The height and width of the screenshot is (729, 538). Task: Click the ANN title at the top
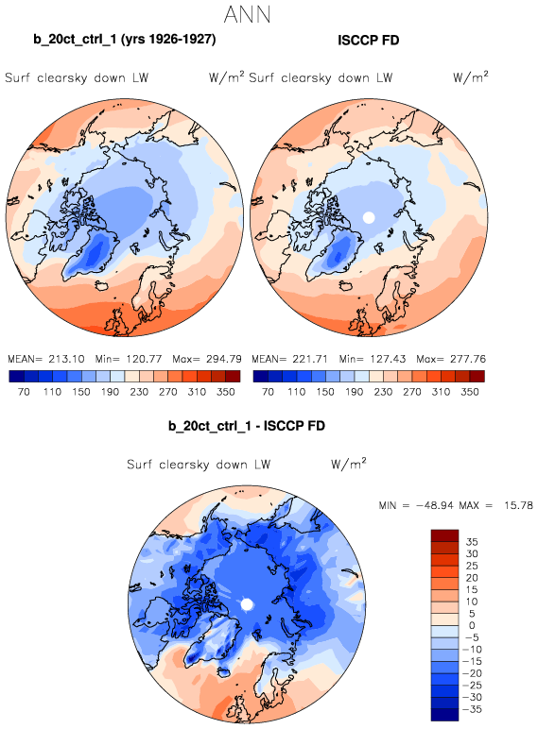(247, 14)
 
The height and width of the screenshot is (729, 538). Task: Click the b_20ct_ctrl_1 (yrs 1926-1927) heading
(125, 39)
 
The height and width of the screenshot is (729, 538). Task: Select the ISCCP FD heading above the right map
(369, 41)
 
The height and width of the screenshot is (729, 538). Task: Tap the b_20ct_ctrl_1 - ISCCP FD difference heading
(247, 426)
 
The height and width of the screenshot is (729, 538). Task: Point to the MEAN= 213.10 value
(46, 359)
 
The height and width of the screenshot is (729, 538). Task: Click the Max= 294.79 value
(207, 359)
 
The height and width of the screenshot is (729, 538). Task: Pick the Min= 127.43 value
(373, 359)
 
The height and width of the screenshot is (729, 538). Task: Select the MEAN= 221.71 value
(290, 359)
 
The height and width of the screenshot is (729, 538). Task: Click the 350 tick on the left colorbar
(226, 392)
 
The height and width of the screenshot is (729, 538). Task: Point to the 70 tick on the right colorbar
(269, 392)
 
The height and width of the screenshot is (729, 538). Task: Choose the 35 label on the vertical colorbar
(472, 542)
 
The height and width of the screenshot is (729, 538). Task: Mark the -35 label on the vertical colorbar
(472, 709)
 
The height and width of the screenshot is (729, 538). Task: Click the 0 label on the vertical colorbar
(472, 625)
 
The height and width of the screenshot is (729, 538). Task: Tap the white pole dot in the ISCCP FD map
(369, 217)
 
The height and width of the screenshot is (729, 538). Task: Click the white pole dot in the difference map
(247, 604)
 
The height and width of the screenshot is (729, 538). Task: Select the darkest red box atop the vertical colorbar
(445, 535)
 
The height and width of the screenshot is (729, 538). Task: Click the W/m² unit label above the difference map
(349, 463)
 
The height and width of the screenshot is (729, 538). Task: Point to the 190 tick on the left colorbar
(110, 392)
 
